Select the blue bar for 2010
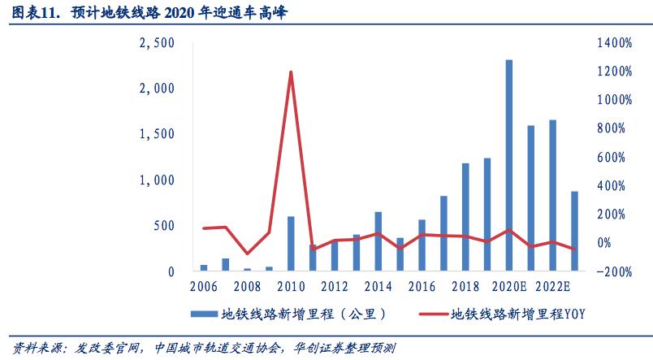coord(291,243)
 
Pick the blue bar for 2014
coord(378,241)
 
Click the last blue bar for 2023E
coord(574,231)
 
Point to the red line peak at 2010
coord(291,72)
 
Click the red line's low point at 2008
coord(247,254)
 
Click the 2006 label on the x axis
coord(204,287)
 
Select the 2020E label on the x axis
coord(509,287)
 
